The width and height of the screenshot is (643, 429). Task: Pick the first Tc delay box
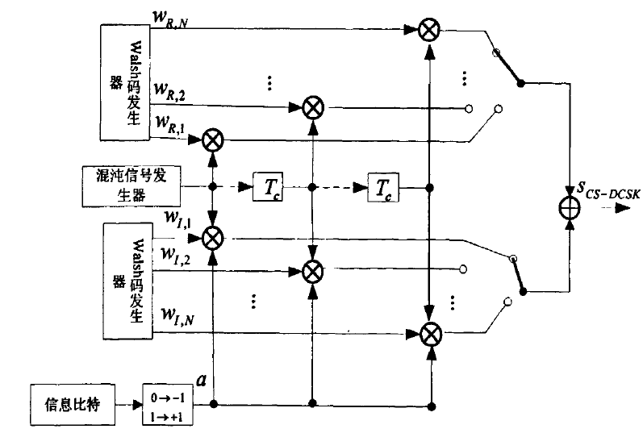point(266,188)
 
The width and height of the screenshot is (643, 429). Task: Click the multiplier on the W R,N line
point(428,31)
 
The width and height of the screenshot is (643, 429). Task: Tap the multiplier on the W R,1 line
point(213,140)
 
